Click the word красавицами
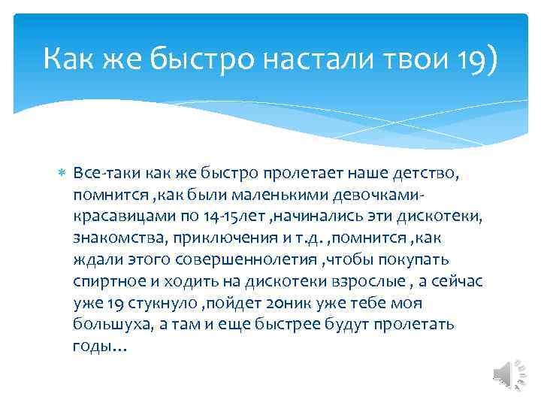[116, 217]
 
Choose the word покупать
[418, 259]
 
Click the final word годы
[92, 347]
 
